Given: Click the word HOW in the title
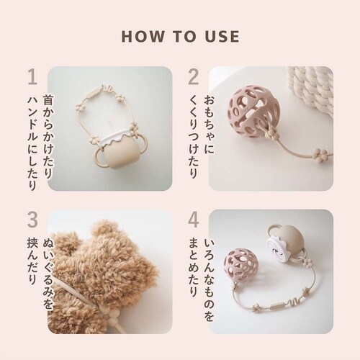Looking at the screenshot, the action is (143, 37).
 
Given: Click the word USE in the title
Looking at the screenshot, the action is (222, 37).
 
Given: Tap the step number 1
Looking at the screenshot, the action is (33, 77).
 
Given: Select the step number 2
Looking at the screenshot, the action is (194, 77).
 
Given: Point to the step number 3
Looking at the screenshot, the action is (32, 220).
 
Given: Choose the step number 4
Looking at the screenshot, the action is (194, 220).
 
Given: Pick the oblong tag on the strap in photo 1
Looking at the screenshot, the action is (93, 93).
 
